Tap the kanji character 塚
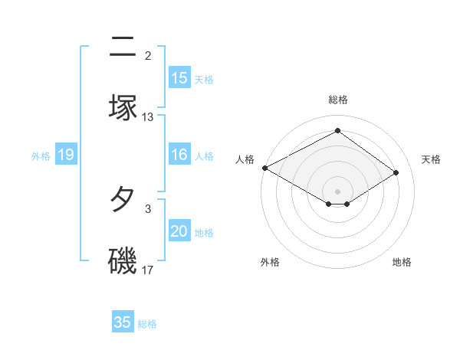(x=123, y=108)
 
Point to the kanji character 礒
(x=123, y=260)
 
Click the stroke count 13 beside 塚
(x=148, y=117)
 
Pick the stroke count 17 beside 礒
(x=148, y=270)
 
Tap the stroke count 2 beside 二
(x=148, y=56)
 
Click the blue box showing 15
(x=179, y=78)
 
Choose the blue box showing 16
(x=179, y=155)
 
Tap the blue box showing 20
(x=179, y=231)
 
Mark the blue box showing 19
(x=66, y=155)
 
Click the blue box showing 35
(x=123, y=322)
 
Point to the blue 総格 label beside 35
(x=147, y=324)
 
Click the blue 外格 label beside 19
(x=41, y=155)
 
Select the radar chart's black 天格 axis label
(x=432, y=159)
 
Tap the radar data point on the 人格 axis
(x=264, y=168)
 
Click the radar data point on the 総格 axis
(x=337, y=131)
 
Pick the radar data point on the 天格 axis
(x=396, y=172)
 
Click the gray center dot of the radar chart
(x=337, y=191)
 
